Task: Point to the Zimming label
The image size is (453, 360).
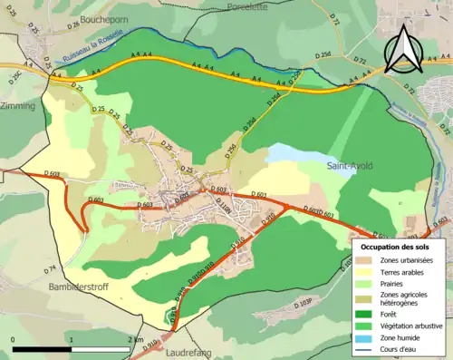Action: point(17,106)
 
